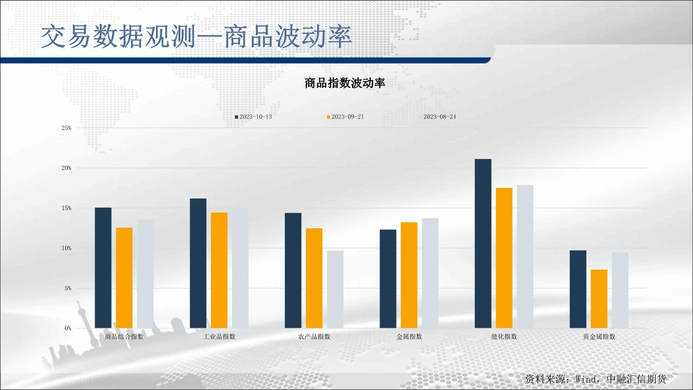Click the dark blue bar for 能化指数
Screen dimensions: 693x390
coord(483,243)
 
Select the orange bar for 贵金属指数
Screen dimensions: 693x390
coord(599,299)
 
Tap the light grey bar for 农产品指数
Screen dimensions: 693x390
coord(335,290)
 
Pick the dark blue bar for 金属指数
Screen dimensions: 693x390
coord(388,279)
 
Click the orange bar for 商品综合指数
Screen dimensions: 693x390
coord(124,278)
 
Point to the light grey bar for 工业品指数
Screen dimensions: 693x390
coord(240,268)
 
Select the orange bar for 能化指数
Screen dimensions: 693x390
coord(504,258)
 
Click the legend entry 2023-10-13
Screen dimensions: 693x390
coord(253,116)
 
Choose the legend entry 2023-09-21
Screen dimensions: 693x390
coord(345,116)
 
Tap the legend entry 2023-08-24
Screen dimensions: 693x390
coord(437,116)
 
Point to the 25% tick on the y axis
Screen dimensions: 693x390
coord(66,128)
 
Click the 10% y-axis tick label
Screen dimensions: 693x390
coord(66,248)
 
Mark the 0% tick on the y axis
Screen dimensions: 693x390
coord(68,329)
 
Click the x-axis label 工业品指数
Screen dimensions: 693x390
coord(219,336)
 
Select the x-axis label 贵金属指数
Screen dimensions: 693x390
coord(599,336)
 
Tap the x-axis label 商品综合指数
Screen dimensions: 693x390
coord(124,336)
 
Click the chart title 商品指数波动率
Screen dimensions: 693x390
coord(345,83)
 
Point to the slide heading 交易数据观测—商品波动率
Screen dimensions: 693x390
coord(197,36)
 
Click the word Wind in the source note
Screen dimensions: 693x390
coord(586,379)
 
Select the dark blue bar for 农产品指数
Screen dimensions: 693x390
coord(293,270)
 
